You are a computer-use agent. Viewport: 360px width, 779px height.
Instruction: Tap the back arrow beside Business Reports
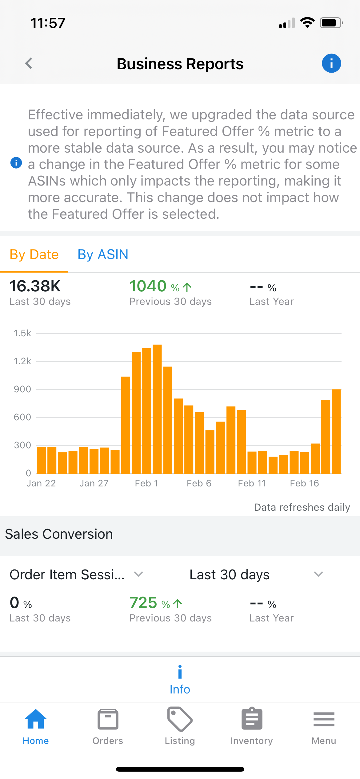pos(29,63)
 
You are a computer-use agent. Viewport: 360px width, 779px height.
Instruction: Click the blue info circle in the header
pos(331,63)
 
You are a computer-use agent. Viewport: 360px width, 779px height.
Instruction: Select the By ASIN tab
pos(103,254)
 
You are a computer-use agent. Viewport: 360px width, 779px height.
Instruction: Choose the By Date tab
pos(34,254)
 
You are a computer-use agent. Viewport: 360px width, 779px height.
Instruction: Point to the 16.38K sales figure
pos(35,286)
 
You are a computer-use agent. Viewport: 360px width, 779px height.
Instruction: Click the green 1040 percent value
pos(148,286)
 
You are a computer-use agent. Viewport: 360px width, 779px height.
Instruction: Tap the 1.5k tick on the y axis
pos(22,333)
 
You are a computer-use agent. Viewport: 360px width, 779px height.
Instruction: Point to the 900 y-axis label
pos(22,389)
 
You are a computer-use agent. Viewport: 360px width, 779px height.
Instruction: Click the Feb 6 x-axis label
pos(199,483)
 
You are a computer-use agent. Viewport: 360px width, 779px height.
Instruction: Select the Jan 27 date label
pos(94,483)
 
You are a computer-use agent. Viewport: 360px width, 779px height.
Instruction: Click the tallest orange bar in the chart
pos(157,409)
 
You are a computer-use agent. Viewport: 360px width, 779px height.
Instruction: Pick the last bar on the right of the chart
pos(336,432)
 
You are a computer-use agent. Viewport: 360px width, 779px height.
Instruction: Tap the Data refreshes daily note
pos(302,507)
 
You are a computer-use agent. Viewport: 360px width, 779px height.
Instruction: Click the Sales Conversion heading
pos(59,534)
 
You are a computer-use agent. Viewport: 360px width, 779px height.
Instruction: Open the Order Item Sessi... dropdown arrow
pos(138,574)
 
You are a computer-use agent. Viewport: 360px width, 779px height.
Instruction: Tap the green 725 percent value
pos(143,603)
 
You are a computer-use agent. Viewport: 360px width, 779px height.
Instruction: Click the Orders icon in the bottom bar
pos(108,719)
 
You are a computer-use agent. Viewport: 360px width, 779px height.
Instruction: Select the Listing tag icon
pos(180,719)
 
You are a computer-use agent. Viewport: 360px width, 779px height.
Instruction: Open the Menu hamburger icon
pos(324,719)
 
